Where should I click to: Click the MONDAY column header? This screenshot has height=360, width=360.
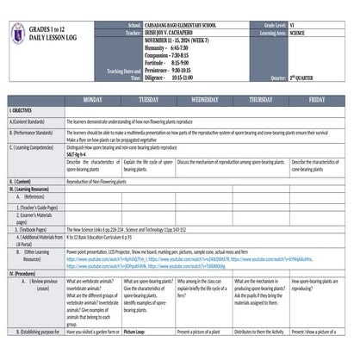tap(92, 100)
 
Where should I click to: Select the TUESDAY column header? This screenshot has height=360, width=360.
tap(148, 100)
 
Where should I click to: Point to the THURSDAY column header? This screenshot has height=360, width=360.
tap(260, 100)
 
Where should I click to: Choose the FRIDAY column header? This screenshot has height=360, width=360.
tap(316, 100)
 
